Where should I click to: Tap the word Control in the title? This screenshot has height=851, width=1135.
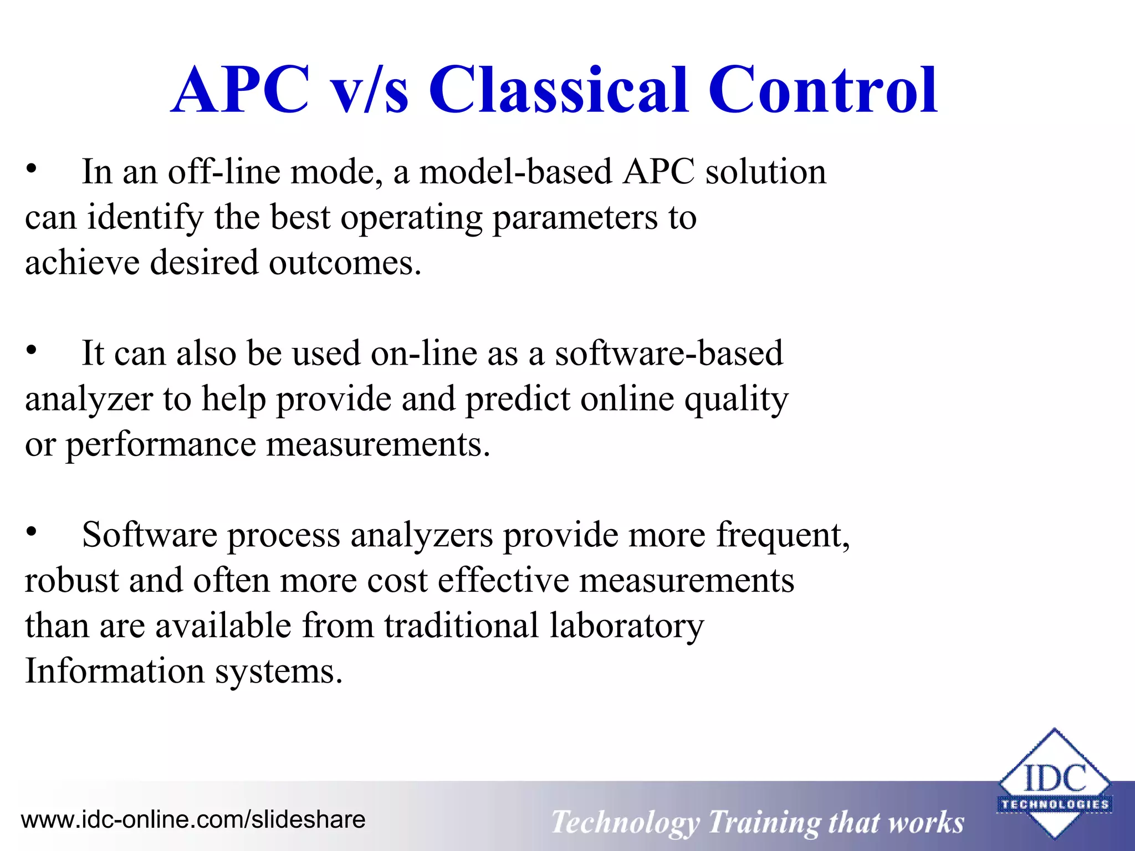click(822, 90)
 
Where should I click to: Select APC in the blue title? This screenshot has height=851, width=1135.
click(240, 90)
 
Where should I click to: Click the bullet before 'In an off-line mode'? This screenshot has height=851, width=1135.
click(32, 168)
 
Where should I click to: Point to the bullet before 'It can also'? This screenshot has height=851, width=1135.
click(32, 350)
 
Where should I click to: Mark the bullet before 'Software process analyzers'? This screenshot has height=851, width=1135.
click(32, 532)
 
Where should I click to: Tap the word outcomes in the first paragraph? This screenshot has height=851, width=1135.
click(345, 263)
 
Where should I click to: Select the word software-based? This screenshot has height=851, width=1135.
click(669, 353)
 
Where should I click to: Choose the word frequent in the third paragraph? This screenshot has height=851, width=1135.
click(783, 535)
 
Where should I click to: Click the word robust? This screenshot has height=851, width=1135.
click(72, 581)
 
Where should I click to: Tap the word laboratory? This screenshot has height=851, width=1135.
click(626, 626)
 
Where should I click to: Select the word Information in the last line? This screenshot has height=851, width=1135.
click(115, 671)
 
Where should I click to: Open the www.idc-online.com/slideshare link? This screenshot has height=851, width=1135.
click(193, 819)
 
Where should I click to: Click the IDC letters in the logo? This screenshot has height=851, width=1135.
click(1055, 778)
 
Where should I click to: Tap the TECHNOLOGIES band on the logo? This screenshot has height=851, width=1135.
click(1055, 804)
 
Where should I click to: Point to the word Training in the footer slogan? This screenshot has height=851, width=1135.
click(763, 822)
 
